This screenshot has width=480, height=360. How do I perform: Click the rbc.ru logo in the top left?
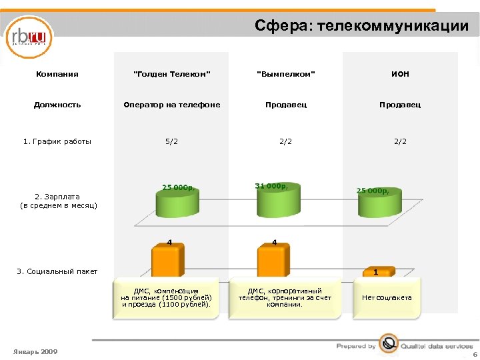[x=29, y=37]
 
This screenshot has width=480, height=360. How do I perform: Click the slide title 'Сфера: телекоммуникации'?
[x=361, y=26]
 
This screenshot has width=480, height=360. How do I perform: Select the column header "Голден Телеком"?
[x=172, y=74]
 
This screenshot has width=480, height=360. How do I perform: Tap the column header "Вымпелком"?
[x=286, y=74]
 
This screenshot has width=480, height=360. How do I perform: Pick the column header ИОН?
[x=400, y=74]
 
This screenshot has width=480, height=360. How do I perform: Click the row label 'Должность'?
[x=57, y=105]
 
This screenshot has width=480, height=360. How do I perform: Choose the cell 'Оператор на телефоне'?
[x=172, y=105]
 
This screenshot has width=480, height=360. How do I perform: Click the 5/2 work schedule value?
[x=172, y=141]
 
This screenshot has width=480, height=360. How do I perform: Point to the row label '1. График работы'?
[x=57, y=141]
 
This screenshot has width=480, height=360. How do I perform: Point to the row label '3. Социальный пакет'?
[x=57, y=271]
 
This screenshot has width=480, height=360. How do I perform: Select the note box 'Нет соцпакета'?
[x=387, y=297]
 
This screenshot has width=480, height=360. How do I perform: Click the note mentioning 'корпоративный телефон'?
[x=285, y=297]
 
